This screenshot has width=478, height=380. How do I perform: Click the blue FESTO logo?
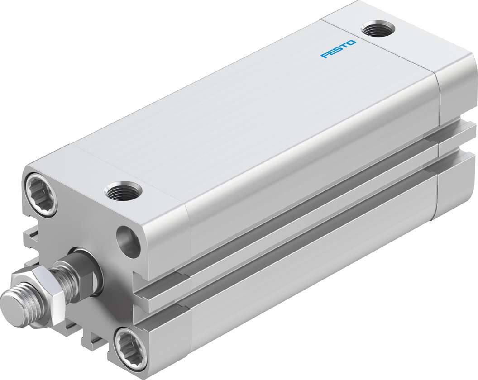pos(339,49)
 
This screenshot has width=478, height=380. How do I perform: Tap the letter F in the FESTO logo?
pos(323,56)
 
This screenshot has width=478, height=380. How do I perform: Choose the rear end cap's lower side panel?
pos(455,183)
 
